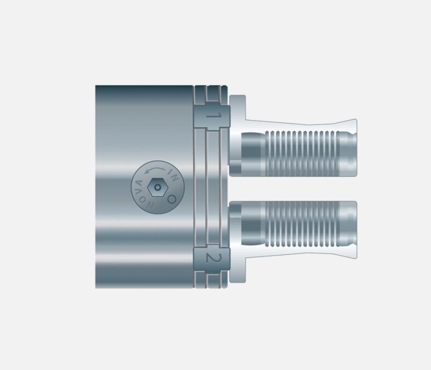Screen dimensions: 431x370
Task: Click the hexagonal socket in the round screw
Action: pyautogui.click(x=157, y=187)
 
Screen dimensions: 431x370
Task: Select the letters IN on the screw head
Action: pyautogui.click(x=174, y=175)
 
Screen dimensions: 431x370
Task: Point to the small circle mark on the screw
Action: pyautogui.click(x=171, y=199)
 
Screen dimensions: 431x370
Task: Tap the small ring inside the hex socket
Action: pyautogui.click(x=157, y=187)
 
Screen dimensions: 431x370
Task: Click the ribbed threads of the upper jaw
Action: pyautogui.click(x=301, y=153)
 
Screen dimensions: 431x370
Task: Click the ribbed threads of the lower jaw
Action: pyautogui.click(x=301, y=223)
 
